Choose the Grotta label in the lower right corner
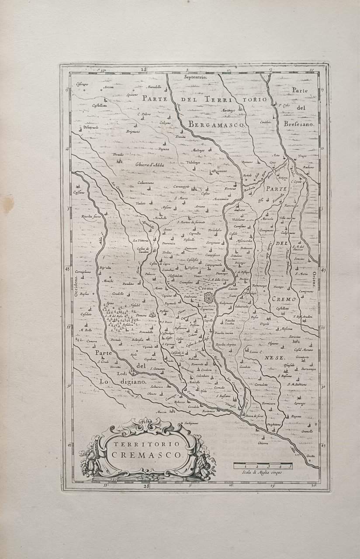(311, 456)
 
